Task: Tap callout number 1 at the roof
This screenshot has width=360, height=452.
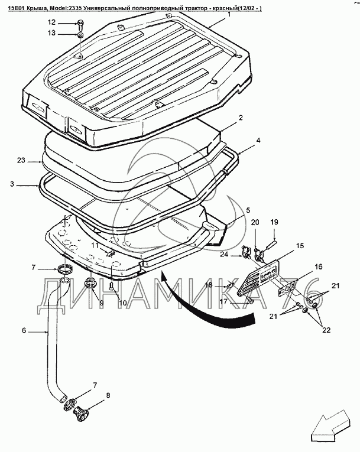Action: point(229,13)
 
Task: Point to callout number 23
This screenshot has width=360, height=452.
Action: point(21,160)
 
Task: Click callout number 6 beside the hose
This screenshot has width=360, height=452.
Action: point(24,331)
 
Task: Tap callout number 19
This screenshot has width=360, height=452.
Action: point(274,222)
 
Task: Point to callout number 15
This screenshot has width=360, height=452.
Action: point(300,245)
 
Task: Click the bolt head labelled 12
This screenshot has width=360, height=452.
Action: point(80,24)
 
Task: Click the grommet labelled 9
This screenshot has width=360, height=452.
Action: point(90,282)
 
